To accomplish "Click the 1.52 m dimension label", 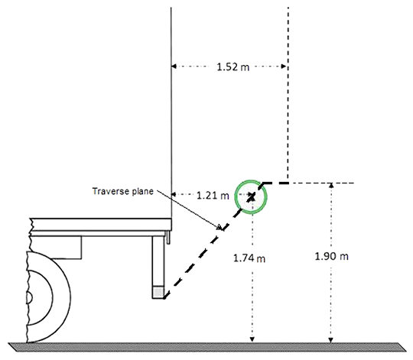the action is (233, 66).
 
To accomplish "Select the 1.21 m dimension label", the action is (213, 196).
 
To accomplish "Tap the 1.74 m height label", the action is (249, 258).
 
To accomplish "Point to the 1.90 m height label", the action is (331, 256).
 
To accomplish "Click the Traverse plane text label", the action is (122, 191).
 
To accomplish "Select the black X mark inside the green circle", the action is (251, 196).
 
